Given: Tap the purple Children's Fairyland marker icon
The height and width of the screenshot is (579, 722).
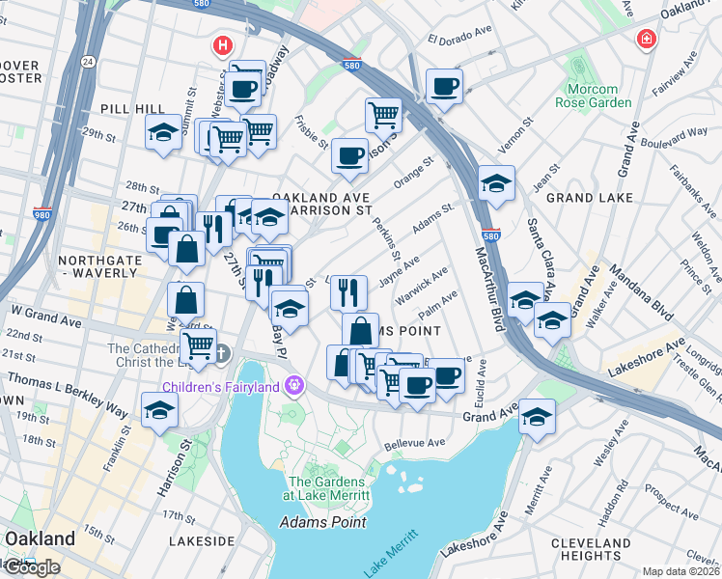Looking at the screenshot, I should [x=295, y=388].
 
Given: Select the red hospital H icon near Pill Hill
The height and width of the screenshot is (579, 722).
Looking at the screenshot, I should [x=223, y=44].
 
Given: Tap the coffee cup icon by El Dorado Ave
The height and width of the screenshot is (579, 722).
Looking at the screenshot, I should [x=444, y=87].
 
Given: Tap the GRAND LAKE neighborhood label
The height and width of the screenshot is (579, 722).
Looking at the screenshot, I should [x=589, y=198].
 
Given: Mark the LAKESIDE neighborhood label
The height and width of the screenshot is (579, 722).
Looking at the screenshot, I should [x=201, y=541].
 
